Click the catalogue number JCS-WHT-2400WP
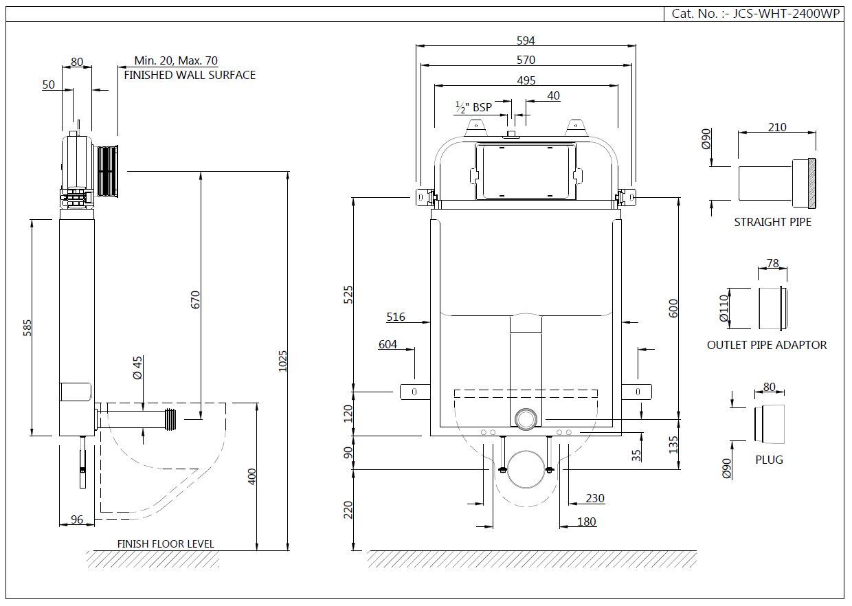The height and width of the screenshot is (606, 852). coord(786,14)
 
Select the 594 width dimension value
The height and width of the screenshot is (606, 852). coord(526,41)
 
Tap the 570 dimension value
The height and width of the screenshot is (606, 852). coord(526,60)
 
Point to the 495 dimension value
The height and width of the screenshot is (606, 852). coord(526,80)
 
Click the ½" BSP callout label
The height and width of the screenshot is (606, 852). coord(473,107)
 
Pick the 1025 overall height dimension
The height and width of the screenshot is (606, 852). coord(282,361)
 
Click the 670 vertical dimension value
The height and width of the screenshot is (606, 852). coord(195,300)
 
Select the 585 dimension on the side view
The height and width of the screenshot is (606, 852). coord(27,328)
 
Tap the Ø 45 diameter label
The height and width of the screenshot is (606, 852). coord(137,368)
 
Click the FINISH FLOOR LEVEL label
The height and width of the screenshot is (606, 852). coord(166,543)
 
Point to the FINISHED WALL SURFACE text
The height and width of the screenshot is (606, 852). coord(190,75)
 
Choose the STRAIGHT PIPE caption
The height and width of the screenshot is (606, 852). coord(772,222)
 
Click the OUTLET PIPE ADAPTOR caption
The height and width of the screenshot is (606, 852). coord(766,345)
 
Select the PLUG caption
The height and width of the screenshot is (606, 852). coord(769,460)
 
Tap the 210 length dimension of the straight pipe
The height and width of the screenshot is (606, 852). coord(776,127)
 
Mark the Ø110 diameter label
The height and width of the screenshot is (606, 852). coord(724,308)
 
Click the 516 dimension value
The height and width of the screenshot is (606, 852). coord(396,317)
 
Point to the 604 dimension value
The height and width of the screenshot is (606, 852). coord(388,344)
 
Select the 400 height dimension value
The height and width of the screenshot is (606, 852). coord(251,476)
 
